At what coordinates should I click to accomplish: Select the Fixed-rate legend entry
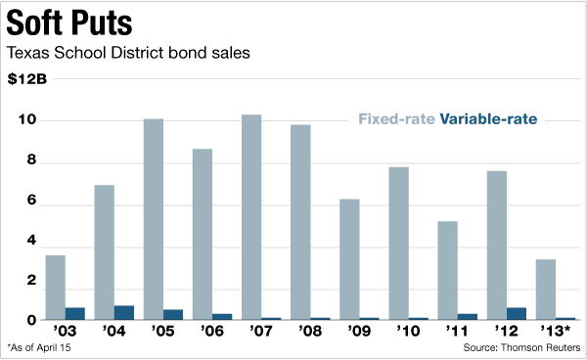(x=396, y=120)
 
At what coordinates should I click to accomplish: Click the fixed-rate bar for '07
(x=251, y=216)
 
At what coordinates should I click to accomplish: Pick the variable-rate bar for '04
(x=124, y=312)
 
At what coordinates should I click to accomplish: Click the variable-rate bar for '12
(x=516, y=313)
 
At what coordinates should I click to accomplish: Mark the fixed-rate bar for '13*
(x=545, y=290)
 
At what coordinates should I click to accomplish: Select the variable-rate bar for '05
(x=173, y=314)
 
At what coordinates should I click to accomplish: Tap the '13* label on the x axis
(x=554, y=331)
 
